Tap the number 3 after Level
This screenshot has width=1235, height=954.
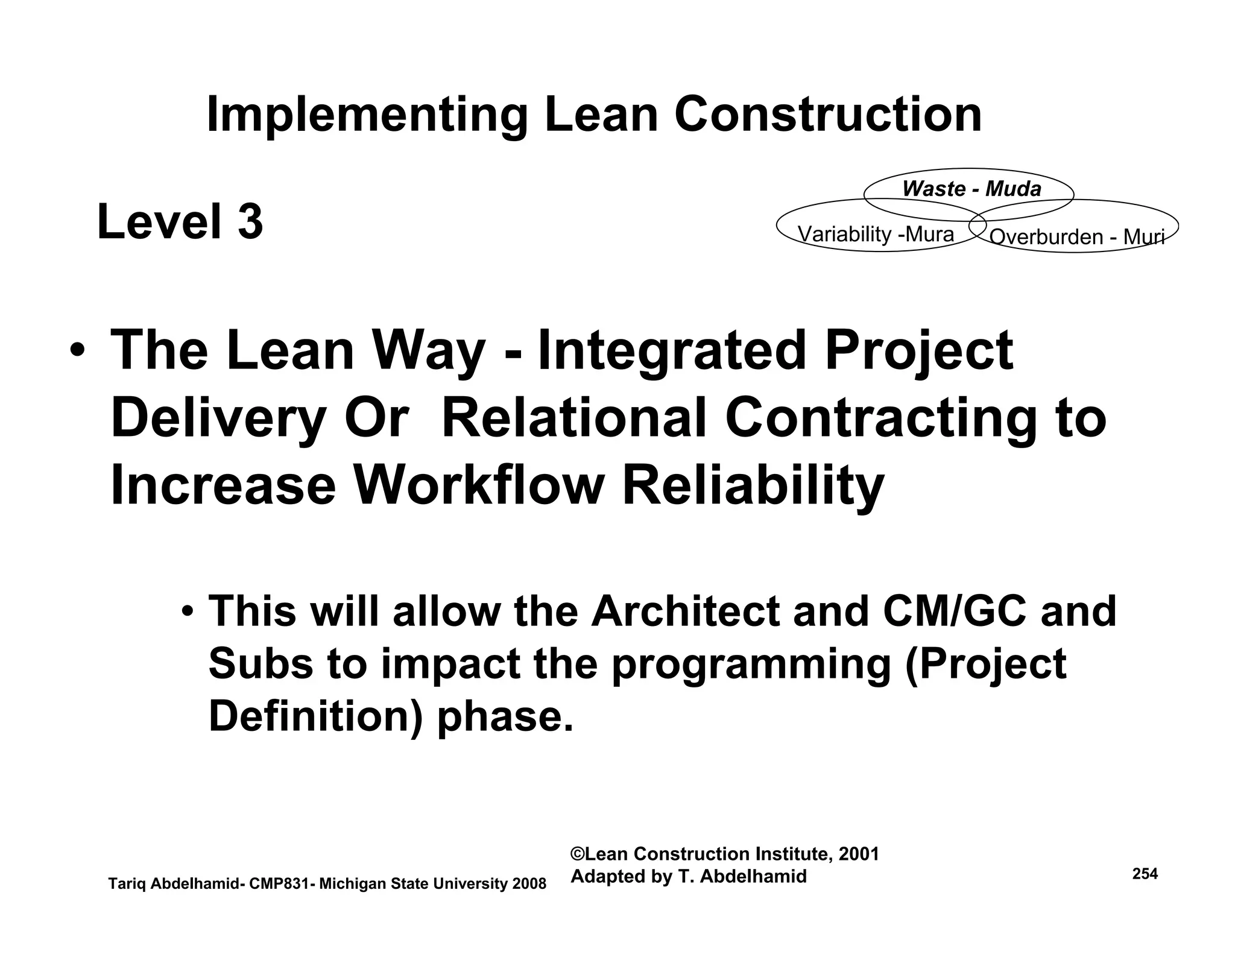250,222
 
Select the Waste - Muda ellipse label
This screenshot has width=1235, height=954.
971,189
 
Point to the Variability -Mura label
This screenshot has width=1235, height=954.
876,234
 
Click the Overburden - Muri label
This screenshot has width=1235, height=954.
1076,237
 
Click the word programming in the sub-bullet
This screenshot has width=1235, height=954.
751,664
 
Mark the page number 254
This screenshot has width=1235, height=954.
1145,874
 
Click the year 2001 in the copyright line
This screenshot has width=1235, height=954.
858,854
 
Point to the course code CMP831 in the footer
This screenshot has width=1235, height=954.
279,884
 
